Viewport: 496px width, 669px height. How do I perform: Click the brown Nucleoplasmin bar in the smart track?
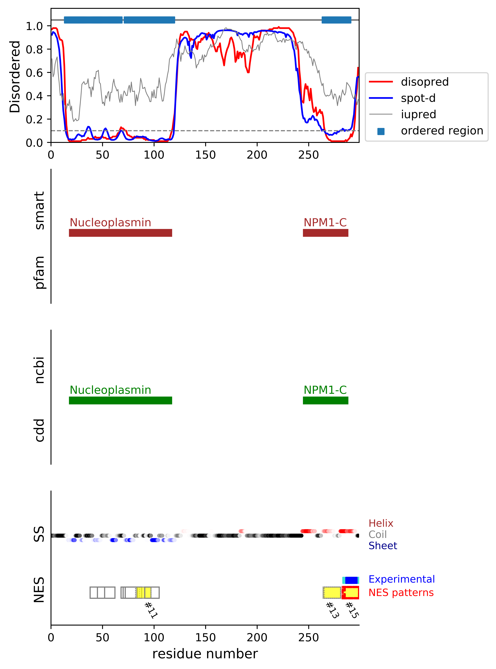(x=120, y=233)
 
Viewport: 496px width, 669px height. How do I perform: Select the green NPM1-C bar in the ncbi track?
(x=325, y=400)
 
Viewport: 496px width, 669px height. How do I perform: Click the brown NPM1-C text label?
(x=325, y=222)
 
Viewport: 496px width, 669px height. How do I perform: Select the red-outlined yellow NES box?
(x=350, y=592)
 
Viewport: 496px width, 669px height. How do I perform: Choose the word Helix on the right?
(x=381, y=523)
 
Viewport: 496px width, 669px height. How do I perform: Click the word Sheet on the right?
(x=383, y=546)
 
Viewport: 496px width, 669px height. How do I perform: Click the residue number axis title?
(x=205, y=654)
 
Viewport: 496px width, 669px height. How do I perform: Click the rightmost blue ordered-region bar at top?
(x=336, y=20)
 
